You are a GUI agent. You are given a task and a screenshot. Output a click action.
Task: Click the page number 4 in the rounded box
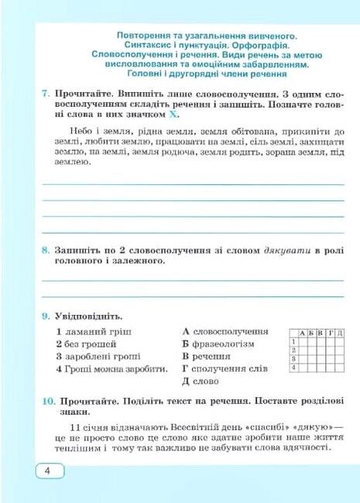click(47, 472)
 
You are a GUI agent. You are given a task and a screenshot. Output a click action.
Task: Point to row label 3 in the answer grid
click(293, 359)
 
